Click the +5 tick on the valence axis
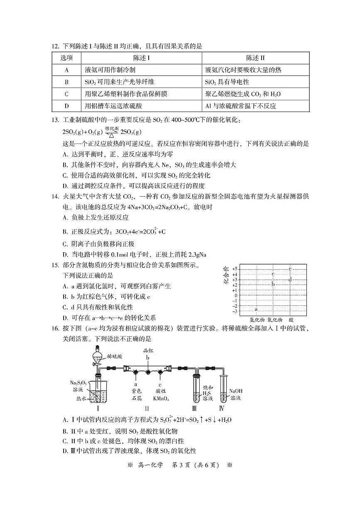235,269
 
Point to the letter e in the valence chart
290,269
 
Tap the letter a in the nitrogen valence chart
256,309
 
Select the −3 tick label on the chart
235,312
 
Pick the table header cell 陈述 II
255,58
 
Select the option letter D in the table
66,106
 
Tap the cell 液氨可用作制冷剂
110,70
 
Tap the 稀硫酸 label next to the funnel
115,356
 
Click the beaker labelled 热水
96,394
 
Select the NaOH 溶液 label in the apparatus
235,395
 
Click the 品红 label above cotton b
147,351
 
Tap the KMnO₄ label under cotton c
160,399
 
